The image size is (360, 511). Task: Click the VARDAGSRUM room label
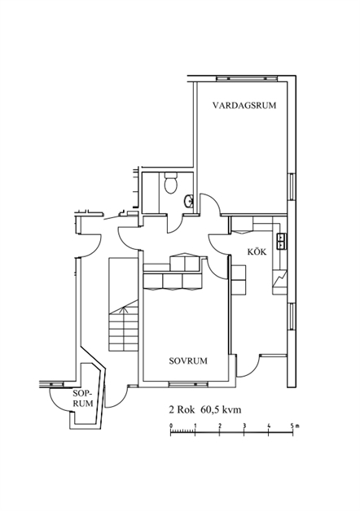tap(244, 106)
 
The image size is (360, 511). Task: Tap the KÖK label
tap(257, 252)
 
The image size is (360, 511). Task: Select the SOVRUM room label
tap(188, 361)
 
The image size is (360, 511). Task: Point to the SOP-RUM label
tap(83, 398)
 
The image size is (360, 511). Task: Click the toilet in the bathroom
tap(170, 183)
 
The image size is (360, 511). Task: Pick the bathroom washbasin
tap(189, 201)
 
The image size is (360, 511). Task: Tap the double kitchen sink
tap(281, 242)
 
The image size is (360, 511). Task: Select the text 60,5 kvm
tap(221, 409)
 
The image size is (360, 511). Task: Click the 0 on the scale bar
tap(171, 426)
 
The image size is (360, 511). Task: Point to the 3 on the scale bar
tap(244, 426)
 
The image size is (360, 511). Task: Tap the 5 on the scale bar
tap(292, 426)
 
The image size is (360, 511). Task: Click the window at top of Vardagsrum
tap(247, 78)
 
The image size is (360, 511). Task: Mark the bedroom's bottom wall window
tap(188, 384)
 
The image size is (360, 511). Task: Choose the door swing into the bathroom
tap(175, 225)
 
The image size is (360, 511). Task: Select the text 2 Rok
tap(182, 409)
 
